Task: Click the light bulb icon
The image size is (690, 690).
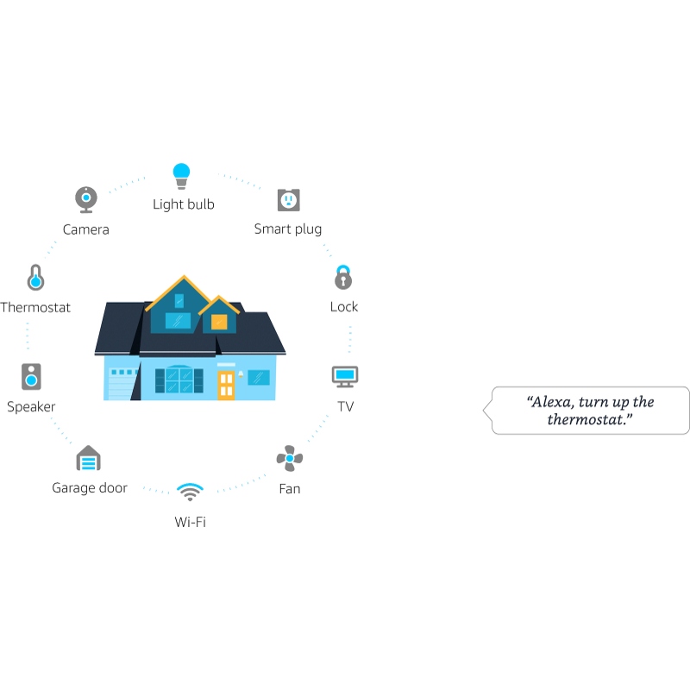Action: pos(181,176)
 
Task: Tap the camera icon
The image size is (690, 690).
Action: pos(86,200)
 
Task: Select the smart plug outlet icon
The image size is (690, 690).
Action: pos(289,200)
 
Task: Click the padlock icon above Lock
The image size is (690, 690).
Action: pos(343,277)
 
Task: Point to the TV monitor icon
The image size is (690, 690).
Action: pos(345,377)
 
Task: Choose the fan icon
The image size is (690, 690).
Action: pos(290,458)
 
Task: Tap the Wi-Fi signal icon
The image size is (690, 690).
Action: pos(190,492)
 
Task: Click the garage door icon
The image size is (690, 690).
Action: pos(89,458)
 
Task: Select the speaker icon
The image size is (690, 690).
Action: pos(31,377)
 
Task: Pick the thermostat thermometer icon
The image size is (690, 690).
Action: pos(35,278)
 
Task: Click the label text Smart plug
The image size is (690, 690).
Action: pos(288,229)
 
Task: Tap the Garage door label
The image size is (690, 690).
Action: pos(90,488)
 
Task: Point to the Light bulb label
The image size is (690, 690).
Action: pos(184,204)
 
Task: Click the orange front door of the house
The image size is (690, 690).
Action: pos(226,385)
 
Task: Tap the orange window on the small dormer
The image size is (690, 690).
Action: pos(219,322)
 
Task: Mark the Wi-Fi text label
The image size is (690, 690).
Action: pos(190,522)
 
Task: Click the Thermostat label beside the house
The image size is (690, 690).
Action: pos(35,307)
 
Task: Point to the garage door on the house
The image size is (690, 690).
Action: pos(122,384)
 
